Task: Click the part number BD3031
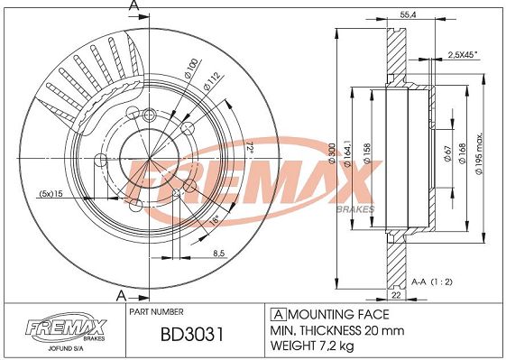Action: click(192, 335)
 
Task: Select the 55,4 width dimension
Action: click(408, 14)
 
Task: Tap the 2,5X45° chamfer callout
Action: click(463, 55)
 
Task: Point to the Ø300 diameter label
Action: click(332, 153)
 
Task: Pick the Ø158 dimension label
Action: click(367, 153)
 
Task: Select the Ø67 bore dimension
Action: click(447, 153)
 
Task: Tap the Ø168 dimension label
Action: click(462, 153)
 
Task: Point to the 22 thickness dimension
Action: click(396, 295)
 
